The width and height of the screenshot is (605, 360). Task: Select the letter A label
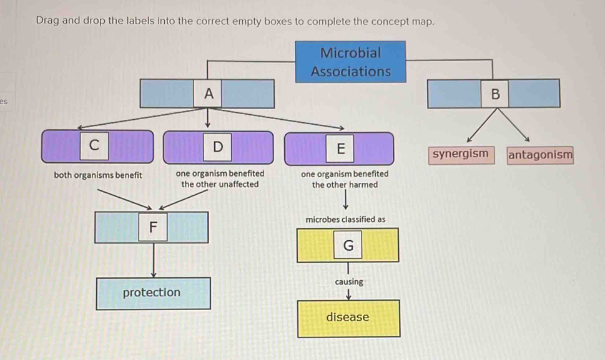(x=209, y=94)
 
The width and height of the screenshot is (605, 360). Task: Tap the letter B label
(x=496, y=94)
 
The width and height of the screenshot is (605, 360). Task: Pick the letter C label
(x=94, y=145)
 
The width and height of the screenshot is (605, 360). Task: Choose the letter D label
(x=217, y=147)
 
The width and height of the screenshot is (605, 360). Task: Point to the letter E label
(x=340, y=148)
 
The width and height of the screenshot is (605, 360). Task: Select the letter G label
(x=348, y=246)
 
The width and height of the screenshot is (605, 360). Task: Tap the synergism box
(x=460, y=153)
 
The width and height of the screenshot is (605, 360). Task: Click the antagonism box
(x=540, y=154)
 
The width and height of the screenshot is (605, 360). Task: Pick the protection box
(x=152, y=293)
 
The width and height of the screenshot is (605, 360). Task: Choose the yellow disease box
(x=348, y=318)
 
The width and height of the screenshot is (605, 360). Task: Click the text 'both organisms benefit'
(x=98, y=175)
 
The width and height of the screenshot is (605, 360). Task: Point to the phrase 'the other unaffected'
(x=220, y=185)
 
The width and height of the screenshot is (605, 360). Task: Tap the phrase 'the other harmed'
(x=345, y=185)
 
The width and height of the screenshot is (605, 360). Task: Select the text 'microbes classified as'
(x=345, y=220)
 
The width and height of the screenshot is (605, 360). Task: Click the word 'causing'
(x=349, y=282)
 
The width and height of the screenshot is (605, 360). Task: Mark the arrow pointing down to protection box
(x=154, y=262)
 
